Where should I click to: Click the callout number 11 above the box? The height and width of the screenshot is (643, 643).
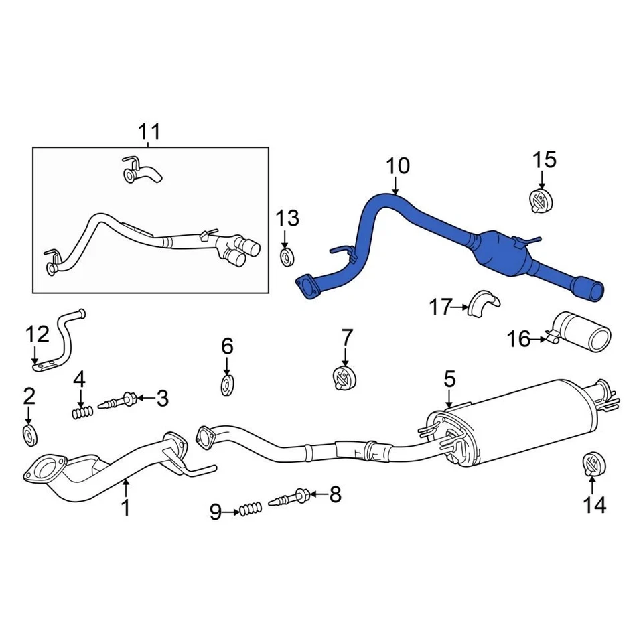coord(149,131)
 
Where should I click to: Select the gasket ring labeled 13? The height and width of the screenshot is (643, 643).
coord(287,257)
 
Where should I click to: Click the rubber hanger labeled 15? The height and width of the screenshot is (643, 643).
coord(540,200)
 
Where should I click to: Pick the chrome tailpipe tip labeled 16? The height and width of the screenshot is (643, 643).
coord(583,331)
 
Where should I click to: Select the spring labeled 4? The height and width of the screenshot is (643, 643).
coord(81,413)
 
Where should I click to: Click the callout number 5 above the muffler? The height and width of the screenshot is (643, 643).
coord(449,380)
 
